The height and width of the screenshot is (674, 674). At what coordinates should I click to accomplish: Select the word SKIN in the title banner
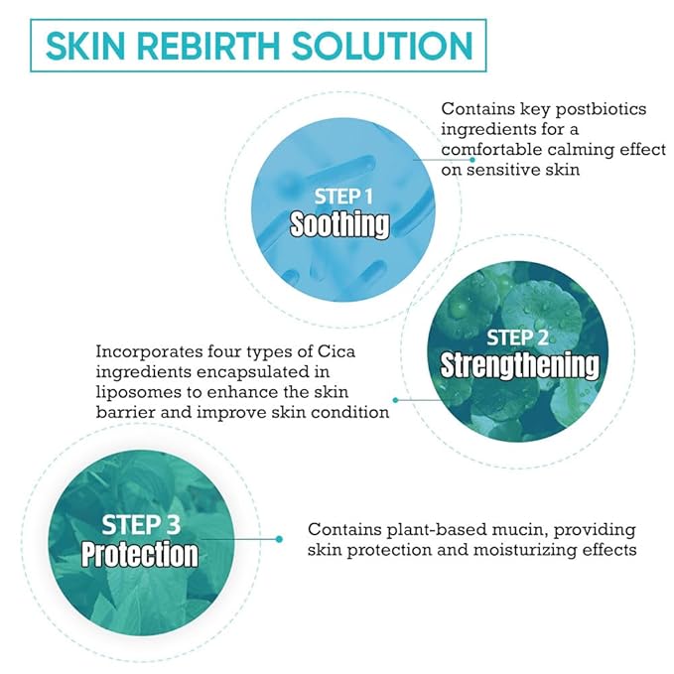92,46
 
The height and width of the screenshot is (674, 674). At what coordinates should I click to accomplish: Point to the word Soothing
338,224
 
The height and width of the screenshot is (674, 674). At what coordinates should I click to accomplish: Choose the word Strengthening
520,365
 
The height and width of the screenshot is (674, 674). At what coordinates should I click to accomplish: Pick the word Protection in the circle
140,554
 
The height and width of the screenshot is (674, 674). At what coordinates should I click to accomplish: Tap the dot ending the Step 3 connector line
281,539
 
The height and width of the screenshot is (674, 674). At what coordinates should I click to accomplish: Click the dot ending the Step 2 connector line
396,401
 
